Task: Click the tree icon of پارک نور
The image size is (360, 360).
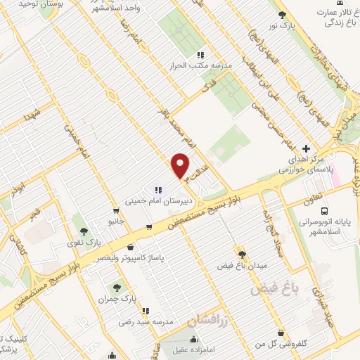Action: click(x=283, y=15)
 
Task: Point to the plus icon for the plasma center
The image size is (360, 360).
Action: click(x=306, y=148)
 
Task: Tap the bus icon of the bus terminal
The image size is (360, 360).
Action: click(x=324, y=210)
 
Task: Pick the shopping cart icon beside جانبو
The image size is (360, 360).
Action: click(x=115, y=210)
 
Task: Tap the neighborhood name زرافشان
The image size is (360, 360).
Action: click(x=209, y=319)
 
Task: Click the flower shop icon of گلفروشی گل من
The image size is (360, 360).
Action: click(x=281, y=332)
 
